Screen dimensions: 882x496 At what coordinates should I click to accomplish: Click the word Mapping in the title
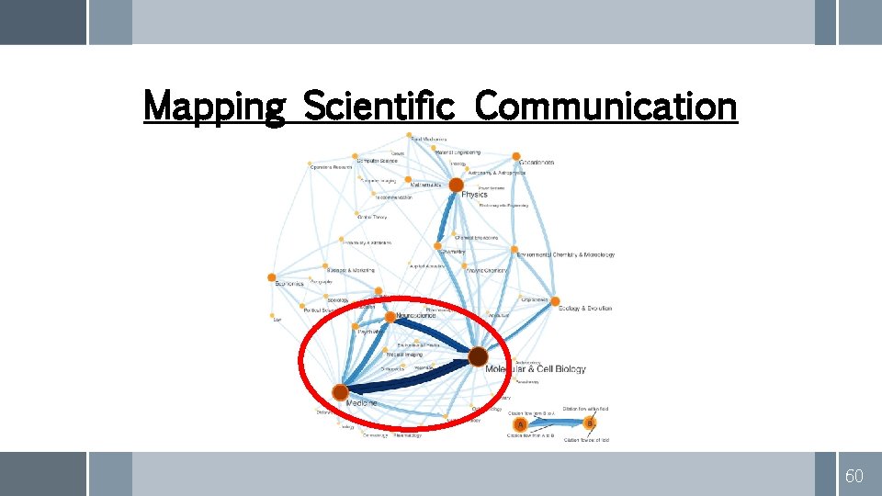coord(215,107)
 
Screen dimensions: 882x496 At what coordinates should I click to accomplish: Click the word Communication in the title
coord(606,107)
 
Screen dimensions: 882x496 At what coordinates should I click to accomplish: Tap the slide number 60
coord(854,475)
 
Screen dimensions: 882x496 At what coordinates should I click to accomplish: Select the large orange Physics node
coord(457,186)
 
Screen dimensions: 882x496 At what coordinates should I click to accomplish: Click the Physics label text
coord(475,195)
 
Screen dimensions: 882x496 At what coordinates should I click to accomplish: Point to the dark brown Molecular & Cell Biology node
coord(478,356)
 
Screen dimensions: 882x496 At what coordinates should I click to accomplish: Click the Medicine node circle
coord(340,391)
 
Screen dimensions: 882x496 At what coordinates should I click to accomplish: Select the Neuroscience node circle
coord(390,317)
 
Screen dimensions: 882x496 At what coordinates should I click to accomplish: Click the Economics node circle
coord(271,276)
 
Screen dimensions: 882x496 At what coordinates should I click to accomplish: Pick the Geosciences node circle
coord(516,157)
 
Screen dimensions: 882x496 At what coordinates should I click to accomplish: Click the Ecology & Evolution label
coord(585,309)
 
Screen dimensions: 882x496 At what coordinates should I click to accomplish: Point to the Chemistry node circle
coord(438,245)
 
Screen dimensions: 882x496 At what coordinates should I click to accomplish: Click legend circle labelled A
coord(521,425)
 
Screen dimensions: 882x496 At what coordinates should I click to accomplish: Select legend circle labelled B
coord(590,423)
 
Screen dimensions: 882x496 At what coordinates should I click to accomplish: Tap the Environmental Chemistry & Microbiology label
coord(565,254)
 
